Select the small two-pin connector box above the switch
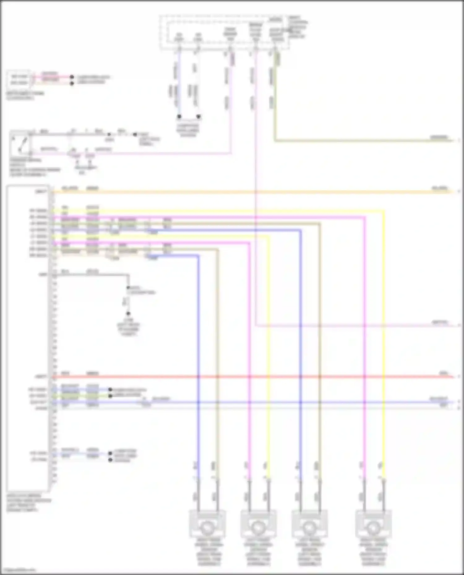click(19, 79)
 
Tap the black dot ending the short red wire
click(72, 77)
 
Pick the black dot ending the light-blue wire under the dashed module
click(179, 116)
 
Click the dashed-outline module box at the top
click(225, 32)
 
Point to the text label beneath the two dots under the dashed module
click(188, 130)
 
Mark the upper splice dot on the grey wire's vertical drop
click(128, 288)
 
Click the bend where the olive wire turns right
click(275, 141)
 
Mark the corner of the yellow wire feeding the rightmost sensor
click(384, 211)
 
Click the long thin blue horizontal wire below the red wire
click(278, 402)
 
